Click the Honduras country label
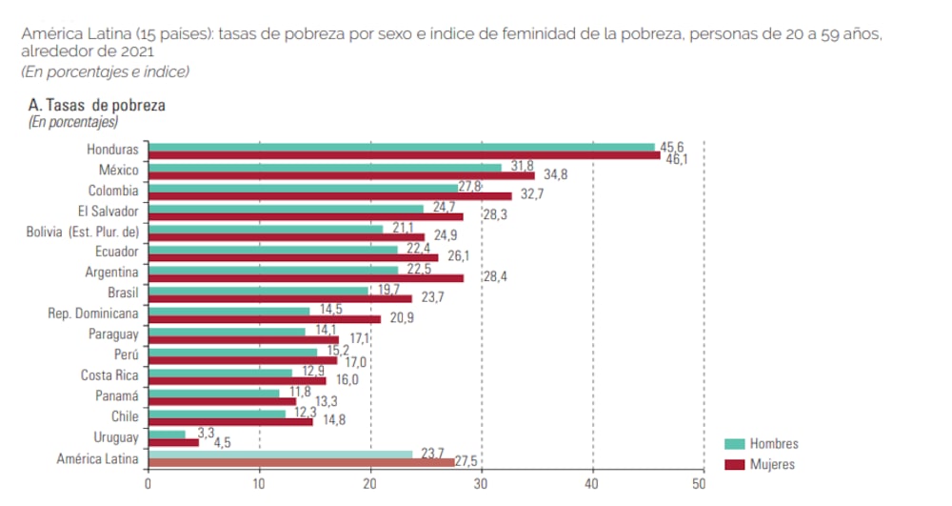[111, 150]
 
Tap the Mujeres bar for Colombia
[331, 195]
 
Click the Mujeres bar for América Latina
[303, 463]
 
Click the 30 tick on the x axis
[481, 484]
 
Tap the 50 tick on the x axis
[703, 484]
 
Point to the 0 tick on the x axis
[149, 484]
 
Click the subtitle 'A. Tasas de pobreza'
[96, 106]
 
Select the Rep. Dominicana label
[92, 313]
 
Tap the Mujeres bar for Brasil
[281, 298]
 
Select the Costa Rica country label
[109, 375]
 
